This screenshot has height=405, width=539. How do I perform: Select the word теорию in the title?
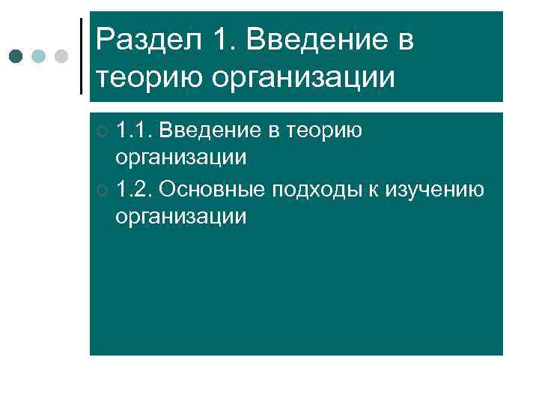[x=147, y=76]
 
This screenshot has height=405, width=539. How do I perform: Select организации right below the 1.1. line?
[x=180, y=157]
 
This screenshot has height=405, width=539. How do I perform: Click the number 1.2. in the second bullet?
[x=134, y=188]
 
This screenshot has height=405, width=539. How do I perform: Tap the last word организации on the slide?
[x=180, y=216]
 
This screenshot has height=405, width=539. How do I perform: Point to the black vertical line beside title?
[x=81, y=56]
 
